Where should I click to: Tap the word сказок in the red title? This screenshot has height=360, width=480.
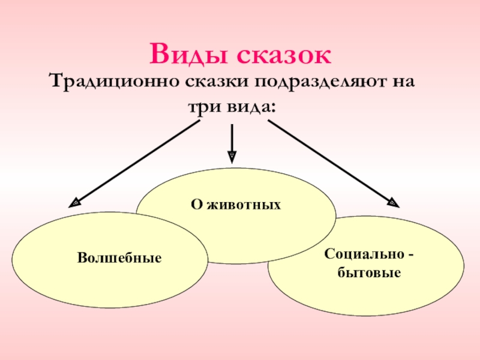[283, 56]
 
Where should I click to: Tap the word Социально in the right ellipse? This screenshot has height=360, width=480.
[361, 255]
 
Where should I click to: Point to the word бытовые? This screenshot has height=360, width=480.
[370, 273]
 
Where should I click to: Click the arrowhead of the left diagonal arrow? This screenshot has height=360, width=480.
[74, 203]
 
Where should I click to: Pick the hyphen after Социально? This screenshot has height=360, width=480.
[410, 256]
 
